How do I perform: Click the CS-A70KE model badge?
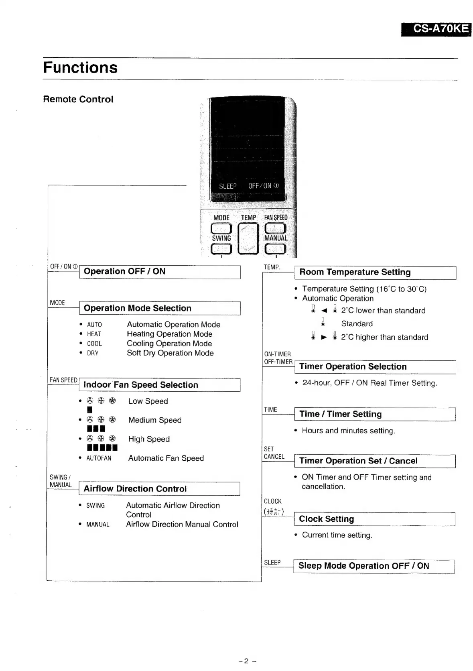click(436, 29)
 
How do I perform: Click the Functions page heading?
click(80, 67)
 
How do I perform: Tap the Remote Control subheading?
click(78, 99)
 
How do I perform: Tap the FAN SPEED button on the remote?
click(276, 228)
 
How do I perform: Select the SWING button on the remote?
click(221, 249)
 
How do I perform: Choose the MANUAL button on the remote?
click(276, 249)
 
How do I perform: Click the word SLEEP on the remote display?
click(227, 186)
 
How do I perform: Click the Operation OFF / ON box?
click(160, 272)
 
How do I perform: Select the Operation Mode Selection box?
click(160, 308)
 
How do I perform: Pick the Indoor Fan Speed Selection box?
click(160, 385)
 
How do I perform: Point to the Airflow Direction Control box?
click(160, 489)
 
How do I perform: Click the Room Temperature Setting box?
click(375, 272)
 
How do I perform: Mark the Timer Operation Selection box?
click(375, 367)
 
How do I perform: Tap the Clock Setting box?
click(374, 519)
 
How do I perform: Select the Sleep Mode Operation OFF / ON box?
click(374, 566)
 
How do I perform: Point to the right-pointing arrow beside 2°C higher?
click(324, 338)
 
